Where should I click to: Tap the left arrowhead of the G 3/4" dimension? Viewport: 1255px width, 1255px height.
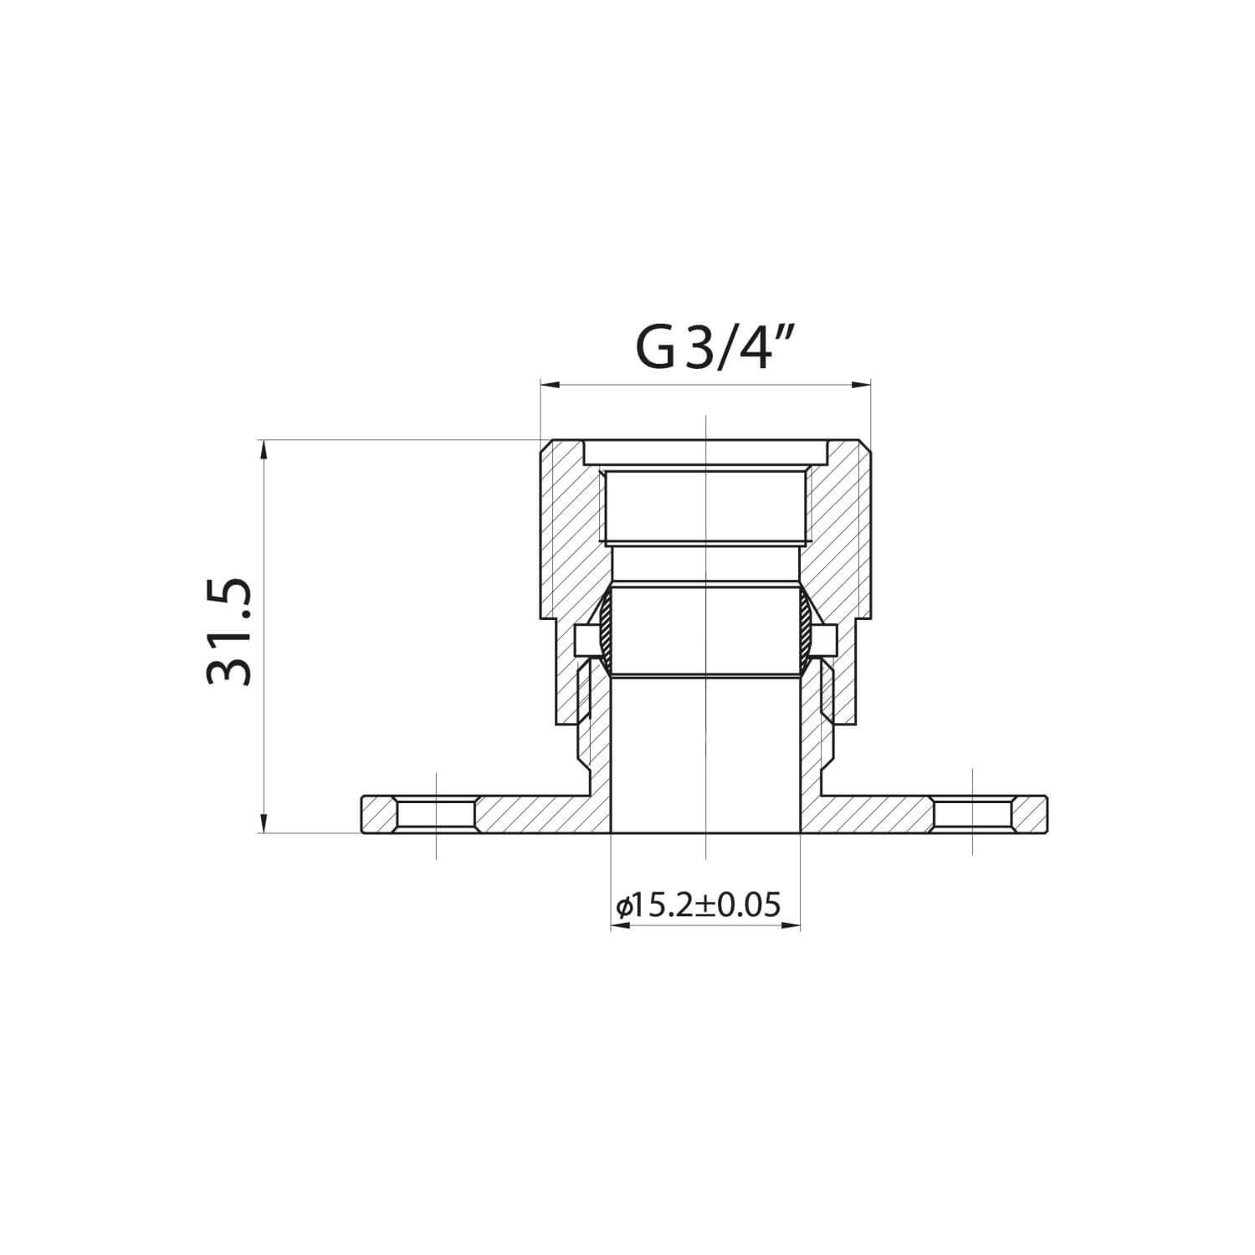click(549, 385)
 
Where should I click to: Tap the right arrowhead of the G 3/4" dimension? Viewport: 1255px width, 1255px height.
click(862, 385)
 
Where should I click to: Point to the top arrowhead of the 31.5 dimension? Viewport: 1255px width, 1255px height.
click(264, 448)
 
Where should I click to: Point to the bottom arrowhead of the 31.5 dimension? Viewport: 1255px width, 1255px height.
click(264, 824)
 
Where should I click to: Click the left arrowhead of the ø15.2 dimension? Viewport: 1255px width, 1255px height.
click(619, 926)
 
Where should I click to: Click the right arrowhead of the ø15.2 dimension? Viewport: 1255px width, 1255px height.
click(791, 926)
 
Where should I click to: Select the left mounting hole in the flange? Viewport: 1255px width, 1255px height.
click(437, 814)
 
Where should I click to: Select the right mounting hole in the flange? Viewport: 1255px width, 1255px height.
click(973, 814)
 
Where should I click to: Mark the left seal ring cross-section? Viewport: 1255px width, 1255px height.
click(605, 632)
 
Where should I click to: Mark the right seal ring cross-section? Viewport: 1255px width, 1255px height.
click(806, 632)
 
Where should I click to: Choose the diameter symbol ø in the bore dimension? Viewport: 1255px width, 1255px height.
click(621, 906)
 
